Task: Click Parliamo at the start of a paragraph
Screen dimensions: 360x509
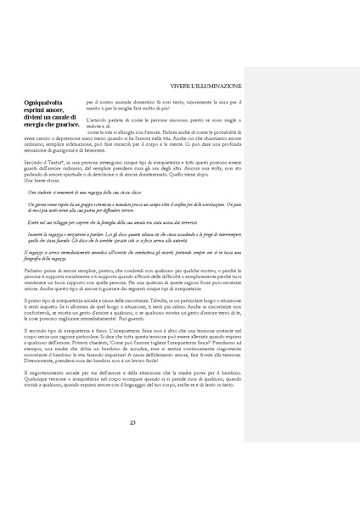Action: [36, 271]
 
